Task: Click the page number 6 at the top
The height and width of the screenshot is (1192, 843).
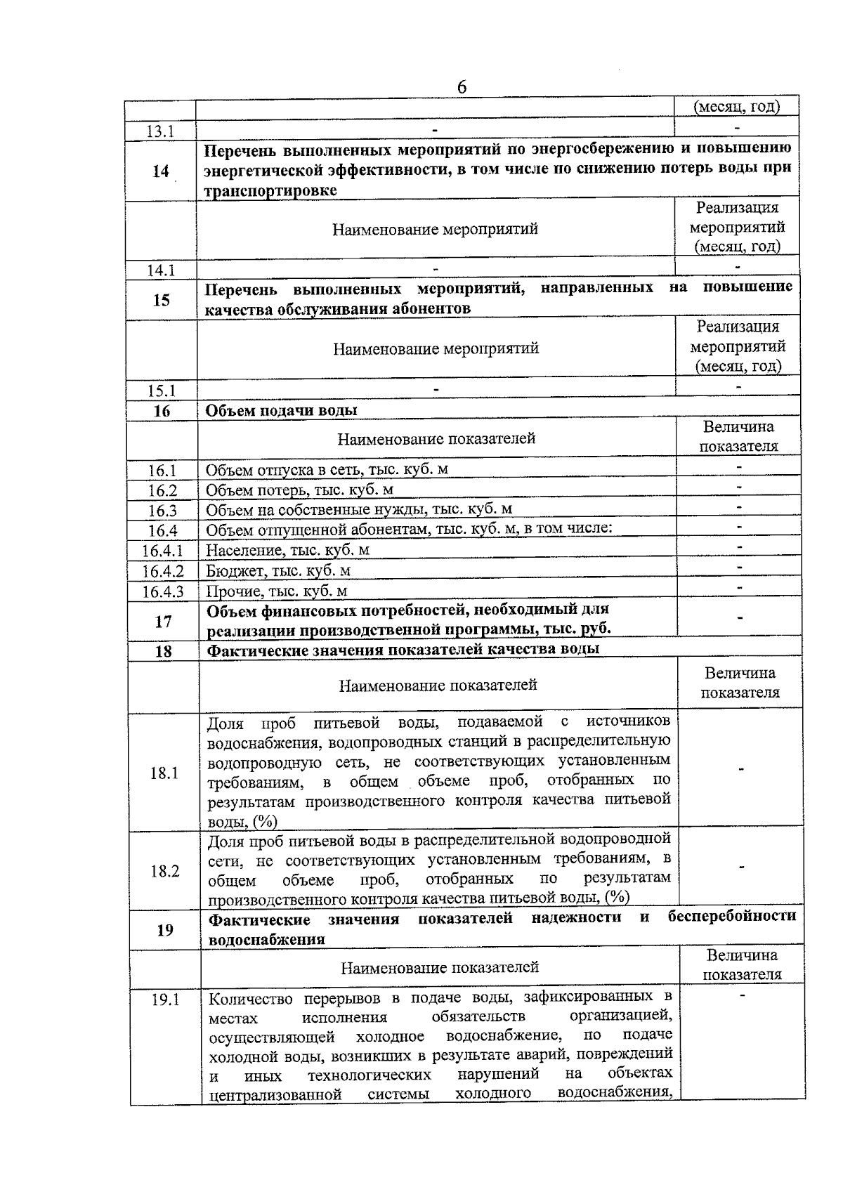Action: (x=462, y=87)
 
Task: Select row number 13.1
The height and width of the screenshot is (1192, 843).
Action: (x=161, y=131)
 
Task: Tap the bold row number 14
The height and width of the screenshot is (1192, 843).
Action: (x=161, y=171)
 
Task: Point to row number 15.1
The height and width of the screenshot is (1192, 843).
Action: (x=162, y=391)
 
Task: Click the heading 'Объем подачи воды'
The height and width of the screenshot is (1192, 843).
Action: (x=281, y=410)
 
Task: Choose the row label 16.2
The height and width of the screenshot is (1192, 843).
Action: (x=162, y=490)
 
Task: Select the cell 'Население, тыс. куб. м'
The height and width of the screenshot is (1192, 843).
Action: (x=287, y=550)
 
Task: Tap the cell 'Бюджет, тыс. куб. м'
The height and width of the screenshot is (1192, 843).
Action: (x=278, y=570)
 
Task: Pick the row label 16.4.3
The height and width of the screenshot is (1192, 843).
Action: (x=163, y=591)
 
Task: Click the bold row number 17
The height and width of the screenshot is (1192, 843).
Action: (x=163, y=622)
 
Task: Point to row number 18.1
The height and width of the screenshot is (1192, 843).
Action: (x=164, y=773)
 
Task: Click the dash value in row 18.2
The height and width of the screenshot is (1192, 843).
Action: (x=740, y=867)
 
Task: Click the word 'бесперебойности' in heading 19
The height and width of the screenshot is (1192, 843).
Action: (x=732, y=917)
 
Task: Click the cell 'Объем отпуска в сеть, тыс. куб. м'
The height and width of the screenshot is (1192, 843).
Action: (x=327, y=470)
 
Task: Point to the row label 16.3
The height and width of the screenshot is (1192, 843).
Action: (x=162, y=511)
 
